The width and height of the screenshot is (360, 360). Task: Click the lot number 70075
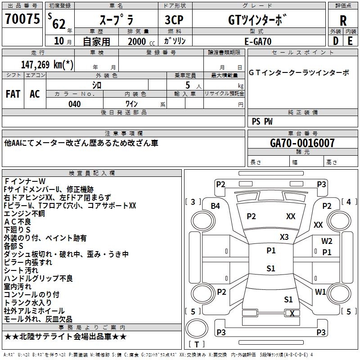(x=22, y=19)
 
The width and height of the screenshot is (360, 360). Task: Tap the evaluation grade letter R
(x=343, y=21)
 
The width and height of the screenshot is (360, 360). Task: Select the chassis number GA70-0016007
(x=302, y=143)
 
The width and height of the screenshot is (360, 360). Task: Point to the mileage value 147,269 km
(x=47, y=64)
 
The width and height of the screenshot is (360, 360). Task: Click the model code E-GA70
(x=258, y=41)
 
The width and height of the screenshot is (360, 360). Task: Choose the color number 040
(x=75, y=104)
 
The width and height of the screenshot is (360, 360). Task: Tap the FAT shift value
(x=13, y=94)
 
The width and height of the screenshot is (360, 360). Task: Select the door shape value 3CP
(x=174, y=20)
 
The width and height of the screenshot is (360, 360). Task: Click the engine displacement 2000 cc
(x=141, y=41)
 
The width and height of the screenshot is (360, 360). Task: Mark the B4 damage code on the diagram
(x=215, y=206)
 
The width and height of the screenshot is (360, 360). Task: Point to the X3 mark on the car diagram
(x=284, y=237)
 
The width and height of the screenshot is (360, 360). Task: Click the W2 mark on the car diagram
(x=327, y=241)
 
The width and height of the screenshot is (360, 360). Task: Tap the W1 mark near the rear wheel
(x=320, y=292)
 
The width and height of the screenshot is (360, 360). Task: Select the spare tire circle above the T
(x=197, y=328)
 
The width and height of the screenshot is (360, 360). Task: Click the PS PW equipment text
(x=262, y=121)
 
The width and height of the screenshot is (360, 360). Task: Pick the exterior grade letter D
(x=335, y=41)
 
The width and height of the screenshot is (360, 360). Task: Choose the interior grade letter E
(x=350, y=41)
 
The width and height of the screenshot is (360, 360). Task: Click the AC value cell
(x=35, y=94)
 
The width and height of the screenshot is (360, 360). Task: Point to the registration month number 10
(x=59, y=41)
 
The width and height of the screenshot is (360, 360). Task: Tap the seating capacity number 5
(x=188, y=85)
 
